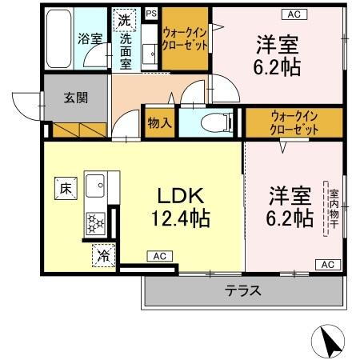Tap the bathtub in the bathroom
tap(58, 38)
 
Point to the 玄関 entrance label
tap(76, 98)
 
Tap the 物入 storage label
tap(159, 123)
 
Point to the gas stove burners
tap(96, 221)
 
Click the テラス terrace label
tap(243, 290)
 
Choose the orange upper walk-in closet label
tap(186, 38)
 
